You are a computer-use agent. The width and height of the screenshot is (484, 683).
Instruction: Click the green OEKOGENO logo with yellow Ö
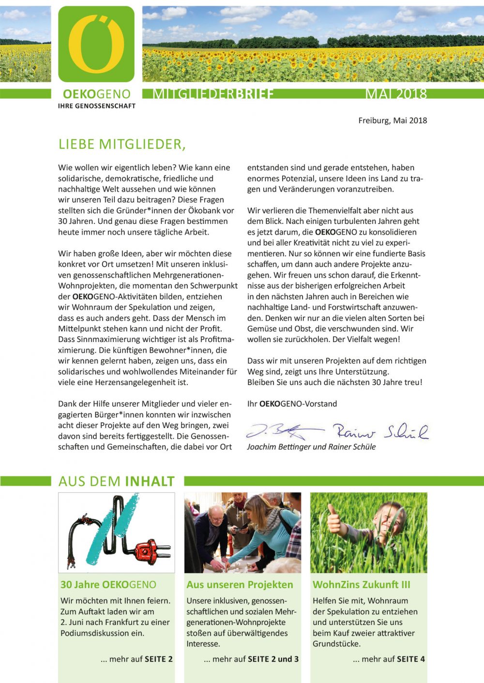point(96,44)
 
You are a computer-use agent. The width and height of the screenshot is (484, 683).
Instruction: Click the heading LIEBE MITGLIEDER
point(122,144)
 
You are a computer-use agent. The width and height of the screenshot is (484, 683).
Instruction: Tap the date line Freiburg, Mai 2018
point(393,120)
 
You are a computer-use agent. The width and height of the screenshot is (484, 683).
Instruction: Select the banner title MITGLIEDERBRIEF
point(213,94)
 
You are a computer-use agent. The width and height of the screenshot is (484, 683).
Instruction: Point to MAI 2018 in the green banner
point(396,94)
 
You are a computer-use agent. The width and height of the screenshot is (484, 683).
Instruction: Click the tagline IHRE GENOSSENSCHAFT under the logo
point(97,106)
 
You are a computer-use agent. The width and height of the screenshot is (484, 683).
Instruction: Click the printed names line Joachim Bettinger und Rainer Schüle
point(311,447)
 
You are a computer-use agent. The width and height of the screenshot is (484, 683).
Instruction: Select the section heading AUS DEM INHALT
point(116,481)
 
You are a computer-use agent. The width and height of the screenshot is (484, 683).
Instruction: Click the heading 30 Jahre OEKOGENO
point(108,584)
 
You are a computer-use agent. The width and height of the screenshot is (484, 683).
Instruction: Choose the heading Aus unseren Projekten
point(240,584)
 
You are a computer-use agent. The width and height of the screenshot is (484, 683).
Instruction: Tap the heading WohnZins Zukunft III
point(361,584)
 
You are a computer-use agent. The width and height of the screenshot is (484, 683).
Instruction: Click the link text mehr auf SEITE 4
point(389,659)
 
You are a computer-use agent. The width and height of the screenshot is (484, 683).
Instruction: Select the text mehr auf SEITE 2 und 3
point(251,659)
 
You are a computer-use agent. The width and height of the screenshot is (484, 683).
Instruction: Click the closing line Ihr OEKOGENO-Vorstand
point(292,404)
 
